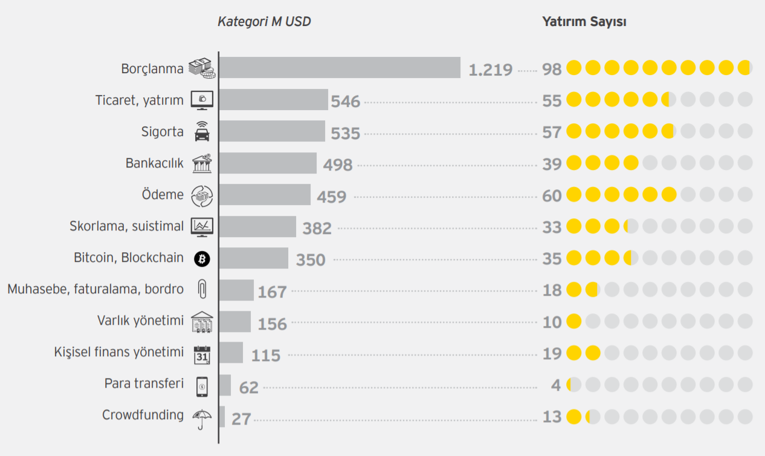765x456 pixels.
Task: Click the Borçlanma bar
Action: point(340,68)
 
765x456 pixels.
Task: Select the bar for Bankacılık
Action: point(268,163)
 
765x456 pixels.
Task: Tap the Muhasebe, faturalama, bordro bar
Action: point(236,290)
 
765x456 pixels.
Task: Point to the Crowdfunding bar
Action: point(222,417)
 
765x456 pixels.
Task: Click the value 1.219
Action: point(491,70)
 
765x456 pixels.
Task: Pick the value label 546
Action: point(346,102)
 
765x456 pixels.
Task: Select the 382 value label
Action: point(317,228)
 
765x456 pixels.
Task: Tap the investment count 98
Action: point(552,70)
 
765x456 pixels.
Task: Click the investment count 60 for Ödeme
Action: point(552,196)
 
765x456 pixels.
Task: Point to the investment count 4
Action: point(556,385)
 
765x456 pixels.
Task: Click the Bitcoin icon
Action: point(202,259)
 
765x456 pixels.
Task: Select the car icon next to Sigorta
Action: point(202,132)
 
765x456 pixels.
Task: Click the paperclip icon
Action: point(202,290)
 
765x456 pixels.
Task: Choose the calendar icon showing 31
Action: point(202,354)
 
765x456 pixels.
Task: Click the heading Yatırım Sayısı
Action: point(584,22)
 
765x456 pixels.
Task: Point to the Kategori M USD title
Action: point(264,22)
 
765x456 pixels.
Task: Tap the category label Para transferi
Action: point(144,383)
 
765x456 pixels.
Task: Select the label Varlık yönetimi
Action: point(140,321)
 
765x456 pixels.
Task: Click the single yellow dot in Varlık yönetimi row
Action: point(574,322)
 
